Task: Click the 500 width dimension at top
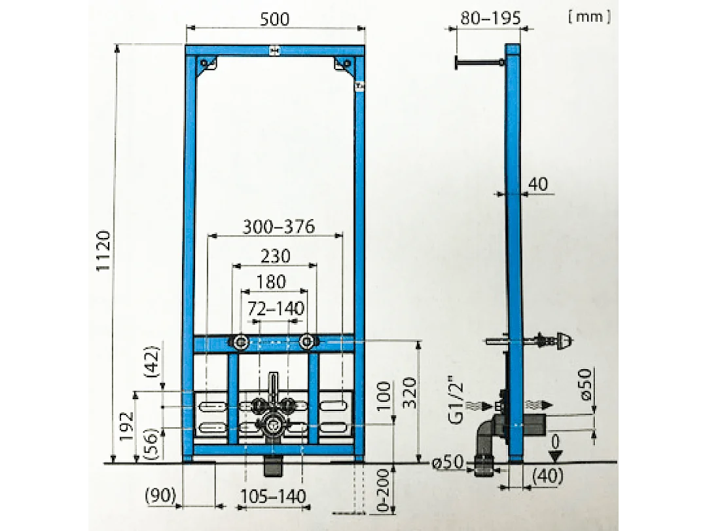(x=276, y=19)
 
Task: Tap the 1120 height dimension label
(x=105, y=252)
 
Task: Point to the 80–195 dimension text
(x=490, y=18)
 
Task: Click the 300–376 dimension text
(x=278, y=227)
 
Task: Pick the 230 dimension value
(x=275, y=256)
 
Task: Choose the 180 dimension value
(x=271, y=282)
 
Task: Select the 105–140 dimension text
(x=274, y=496)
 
